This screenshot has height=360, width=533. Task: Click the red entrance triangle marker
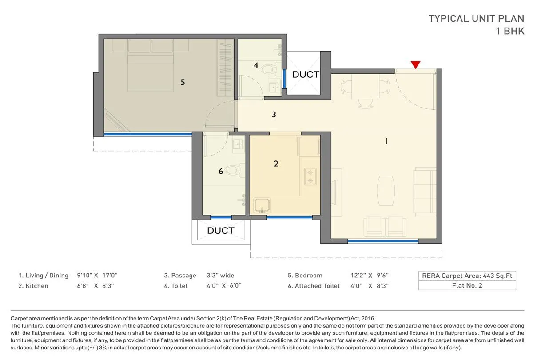pos(415,65)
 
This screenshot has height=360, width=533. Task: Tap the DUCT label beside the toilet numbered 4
pos(305,75)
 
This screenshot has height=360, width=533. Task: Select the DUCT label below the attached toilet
pos(220,230)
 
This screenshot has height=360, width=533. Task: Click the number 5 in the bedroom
pos(183,82)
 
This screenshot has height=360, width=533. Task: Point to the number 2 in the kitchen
pos(276,164)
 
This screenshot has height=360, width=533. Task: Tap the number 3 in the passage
pos(274,115)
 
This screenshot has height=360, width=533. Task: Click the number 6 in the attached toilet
pos(221,171)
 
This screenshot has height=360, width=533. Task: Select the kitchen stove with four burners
pos(309,176)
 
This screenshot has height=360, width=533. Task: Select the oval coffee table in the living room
pos(385,190)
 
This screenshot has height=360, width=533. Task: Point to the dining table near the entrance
pos(365,87)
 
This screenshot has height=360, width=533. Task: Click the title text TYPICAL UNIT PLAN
pos(476,19)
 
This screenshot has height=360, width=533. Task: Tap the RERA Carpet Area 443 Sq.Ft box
pos(467,276)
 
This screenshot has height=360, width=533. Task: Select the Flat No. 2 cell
pos(467,285)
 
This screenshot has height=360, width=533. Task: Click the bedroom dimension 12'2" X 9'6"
pos(370,276)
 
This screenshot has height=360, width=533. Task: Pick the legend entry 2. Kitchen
pos(33,286)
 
